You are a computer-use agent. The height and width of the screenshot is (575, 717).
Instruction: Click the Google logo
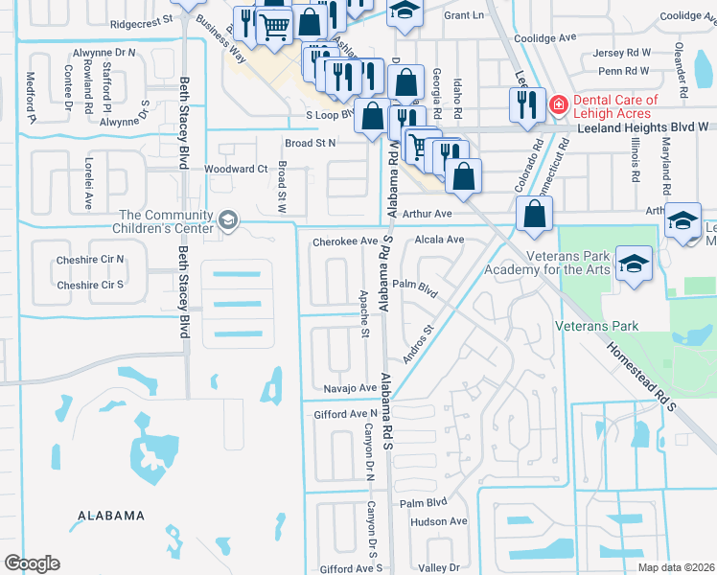click(31, 563)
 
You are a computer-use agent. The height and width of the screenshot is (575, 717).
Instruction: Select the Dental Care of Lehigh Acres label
click(615, 107)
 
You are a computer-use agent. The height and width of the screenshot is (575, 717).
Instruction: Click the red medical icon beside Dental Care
click(556, 102)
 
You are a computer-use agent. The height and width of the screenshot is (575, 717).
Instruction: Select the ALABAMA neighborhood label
click(111, 516)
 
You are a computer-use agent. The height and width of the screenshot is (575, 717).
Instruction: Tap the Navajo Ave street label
click(346, 387)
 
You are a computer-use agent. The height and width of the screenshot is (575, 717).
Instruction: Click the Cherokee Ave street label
click(345, 241)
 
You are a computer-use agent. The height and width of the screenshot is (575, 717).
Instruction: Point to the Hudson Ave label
click(438, 521)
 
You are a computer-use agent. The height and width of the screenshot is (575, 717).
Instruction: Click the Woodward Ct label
click(236, 169)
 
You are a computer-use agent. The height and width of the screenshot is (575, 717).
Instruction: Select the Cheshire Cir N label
click(90, 259)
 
